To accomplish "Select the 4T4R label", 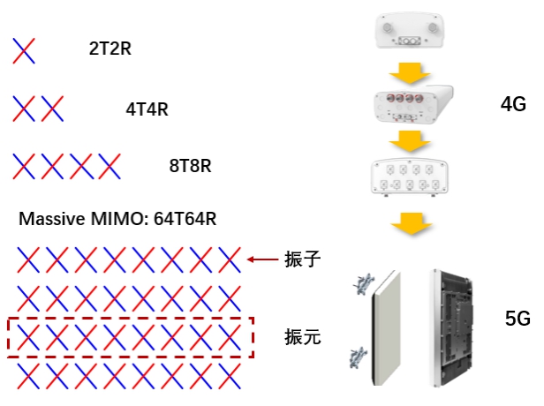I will pos(147,110).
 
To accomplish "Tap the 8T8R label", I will pos(190,166).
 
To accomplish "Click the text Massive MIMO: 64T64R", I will pos(117,219).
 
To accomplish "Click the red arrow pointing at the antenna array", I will pos(262,259).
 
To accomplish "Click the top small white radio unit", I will pos(408,31).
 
